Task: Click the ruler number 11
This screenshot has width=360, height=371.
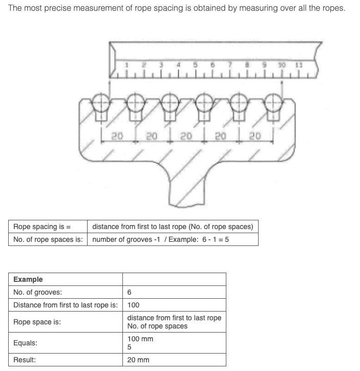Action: point(299,65)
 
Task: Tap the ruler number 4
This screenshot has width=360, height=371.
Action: point(178,65)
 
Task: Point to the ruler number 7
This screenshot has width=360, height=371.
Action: point(230,65)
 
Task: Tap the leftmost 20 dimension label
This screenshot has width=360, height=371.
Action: point(117,136)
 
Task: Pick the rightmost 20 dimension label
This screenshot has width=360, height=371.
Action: point(255,136)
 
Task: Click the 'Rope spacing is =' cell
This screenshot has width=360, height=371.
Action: point(48,226)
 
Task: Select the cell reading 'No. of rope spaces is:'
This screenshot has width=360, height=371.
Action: point(48,239)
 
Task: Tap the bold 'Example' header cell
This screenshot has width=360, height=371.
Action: point(66,279)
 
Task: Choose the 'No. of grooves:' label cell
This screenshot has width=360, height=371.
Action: point(66,292)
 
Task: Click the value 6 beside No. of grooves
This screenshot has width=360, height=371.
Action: point(129,292)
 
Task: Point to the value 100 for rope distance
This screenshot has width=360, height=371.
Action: point(133,305)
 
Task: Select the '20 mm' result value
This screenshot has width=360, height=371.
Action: point(138,360)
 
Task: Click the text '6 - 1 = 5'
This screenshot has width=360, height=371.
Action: point(216,239)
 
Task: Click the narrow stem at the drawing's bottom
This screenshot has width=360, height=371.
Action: point(186,192)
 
